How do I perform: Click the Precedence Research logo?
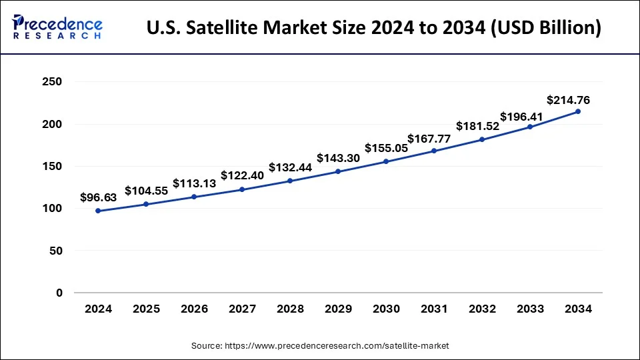[x=57, y=27]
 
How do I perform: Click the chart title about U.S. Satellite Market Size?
[x=373, y=28]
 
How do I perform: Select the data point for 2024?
[x=98, y=211]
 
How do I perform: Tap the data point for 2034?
[x=577, y=111]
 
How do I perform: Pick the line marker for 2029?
[x=338, y=171]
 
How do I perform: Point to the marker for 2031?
[x=434, y=151]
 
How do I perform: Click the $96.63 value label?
[x=98, y=197]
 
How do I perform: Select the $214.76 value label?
[x=568, y=101]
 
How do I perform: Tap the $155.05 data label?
[x=387, y=148]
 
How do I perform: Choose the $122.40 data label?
[x=242, y=175]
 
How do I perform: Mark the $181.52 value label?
[x=478, y=126]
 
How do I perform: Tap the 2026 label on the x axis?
[x=194, y=309]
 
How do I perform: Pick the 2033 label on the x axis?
[x=530, y=309]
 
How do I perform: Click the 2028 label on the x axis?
[x=290, y=309]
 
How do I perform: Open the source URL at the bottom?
[x=320, y=346]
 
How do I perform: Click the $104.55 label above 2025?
[x=146, y=190]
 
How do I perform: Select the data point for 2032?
[x=482, y=139]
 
